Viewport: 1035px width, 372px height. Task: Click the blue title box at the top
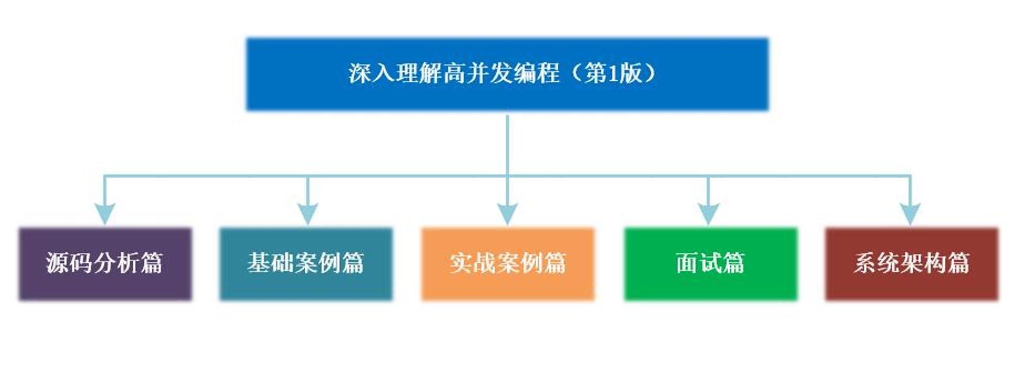(507, 74)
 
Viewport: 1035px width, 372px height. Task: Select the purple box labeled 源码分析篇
(105, 264)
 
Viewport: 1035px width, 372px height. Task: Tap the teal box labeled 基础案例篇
(306, 264)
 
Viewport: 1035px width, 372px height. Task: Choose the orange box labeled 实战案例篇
(508, 264)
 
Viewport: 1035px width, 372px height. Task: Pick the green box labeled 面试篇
(711, 264)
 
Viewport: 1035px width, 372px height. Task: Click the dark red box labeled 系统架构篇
(912, 264)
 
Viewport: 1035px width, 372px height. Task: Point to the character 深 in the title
(360, 73)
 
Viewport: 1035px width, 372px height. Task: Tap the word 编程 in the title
(536, 73)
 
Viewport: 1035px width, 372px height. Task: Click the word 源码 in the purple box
(69, 263)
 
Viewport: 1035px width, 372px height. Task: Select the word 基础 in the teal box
(271, 263)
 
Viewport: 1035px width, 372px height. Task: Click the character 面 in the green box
(687, 263)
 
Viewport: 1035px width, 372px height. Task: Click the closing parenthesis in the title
(649, 73)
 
